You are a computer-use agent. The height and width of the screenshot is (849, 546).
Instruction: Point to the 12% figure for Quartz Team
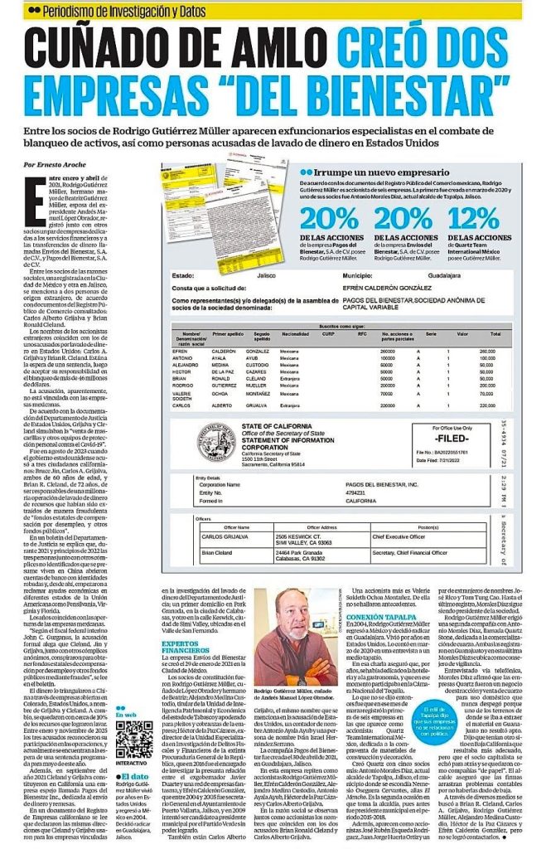coord(484,220)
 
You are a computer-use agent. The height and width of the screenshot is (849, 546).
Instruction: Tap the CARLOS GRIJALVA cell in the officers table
coord(226,539)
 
